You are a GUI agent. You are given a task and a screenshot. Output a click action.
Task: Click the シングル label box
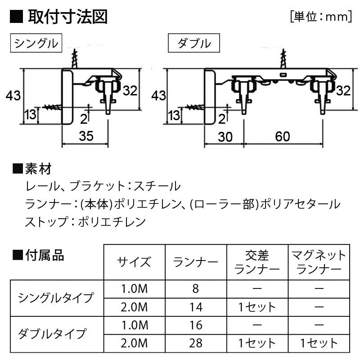coord(36,43)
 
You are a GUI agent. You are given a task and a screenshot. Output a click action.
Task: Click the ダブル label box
coord(194,43)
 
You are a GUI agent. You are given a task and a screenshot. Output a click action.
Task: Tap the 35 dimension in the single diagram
coord(86,136)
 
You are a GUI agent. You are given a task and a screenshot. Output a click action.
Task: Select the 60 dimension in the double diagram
coord(283,136)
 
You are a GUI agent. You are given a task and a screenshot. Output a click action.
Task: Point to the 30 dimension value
coord(225,137)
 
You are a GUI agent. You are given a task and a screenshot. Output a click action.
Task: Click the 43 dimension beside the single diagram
coord(13,95)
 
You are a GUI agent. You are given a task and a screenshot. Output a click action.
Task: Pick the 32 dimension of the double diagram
coord(343,90)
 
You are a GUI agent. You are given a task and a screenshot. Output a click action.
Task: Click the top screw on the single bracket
coord(75,58)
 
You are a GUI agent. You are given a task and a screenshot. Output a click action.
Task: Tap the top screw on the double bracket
coord(283,58)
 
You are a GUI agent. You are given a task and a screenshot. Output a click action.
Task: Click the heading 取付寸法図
coord(68,17)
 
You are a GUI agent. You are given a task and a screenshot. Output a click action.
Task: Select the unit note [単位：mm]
coord(321,17)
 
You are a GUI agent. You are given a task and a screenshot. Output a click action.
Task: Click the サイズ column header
coord(134,262)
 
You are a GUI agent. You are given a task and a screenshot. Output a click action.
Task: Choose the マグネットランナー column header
coord(319,262)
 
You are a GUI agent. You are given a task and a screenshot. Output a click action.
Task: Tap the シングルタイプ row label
coord(56,297)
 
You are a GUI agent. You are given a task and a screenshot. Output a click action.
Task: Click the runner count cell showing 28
coord(196,343)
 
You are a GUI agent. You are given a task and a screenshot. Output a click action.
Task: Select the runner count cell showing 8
coord(196,288)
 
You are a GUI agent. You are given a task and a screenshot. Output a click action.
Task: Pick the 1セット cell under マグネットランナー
coord(319,343)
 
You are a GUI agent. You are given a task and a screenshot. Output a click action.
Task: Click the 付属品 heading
coord(38,255)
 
